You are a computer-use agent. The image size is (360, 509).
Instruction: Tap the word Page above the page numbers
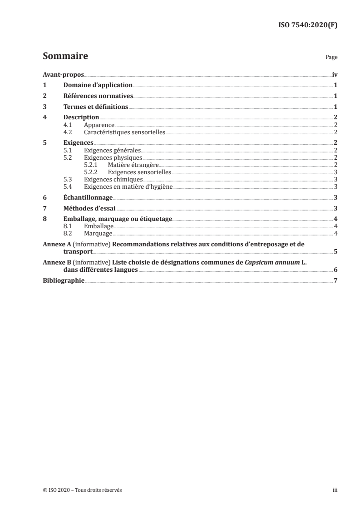tap(331, 58)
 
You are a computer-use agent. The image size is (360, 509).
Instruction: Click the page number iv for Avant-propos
tap(334, 75)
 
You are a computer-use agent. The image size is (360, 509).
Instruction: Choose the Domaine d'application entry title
tap(98, 85)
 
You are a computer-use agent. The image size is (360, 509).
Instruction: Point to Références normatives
tap(98, 96)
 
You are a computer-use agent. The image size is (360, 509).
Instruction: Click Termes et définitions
tap(96, 107)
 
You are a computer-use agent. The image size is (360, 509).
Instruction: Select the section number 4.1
tap(69, 125)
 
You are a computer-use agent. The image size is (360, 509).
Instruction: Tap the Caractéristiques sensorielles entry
tap(124, 132)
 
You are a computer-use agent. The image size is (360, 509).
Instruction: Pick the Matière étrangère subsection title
tap(133, 165)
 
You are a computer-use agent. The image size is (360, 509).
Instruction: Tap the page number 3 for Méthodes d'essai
tap(335, 209)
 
